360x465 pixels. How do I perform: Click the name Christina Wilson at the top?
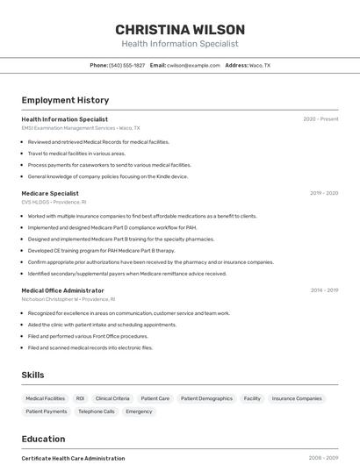point(180,30)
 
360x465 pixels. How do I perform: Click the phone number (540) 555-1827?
point(127,66)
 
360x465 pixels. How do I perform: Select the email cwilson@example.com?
point(193,66)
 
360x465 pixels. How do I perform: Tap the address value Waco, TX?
point(260,66)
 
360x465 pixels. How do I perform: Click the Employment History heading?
point(65,101)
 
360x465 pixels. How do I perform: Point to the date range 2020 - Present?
point(320,119)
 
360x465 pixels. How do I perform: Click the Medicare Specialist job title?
point(50,193)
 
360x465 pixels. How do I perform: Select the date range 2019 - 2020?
point(324,193)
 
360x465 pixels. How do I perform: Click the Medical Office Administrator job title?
point(62,290)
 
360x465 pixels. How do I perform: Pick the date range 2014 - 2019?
point(324,290)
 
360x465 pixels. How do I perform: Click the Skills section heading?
point(32,376)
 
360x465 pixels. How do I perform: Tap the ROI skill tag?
point(80,398)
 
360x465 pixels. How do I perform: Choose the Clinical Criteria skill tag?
point(112,398)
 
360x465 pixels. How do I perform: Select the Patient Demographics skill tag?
point(207,398)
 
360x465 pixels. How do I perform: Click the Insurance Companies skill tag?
point(297,398)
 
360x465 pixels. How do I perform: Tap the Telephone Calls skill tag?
point(97,411)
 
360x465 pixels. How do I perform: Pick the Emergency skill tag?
point(139,411)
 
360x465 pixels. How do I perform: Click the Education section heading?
point(43,440)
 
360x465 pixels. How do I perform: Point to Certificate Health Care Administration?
point(73,458)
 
